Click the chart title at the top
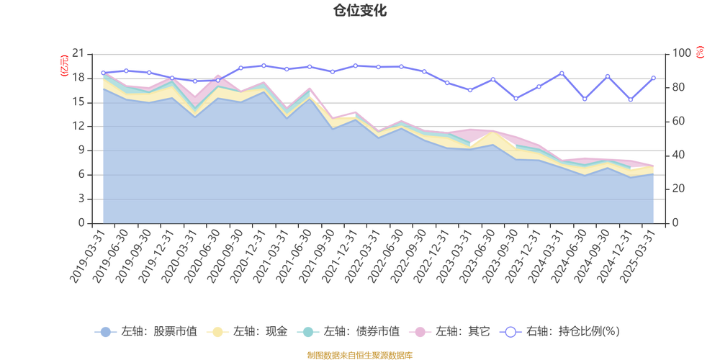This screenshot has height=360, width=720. coord(359,9)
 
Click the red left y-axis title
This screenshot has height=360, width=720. coord(63,65)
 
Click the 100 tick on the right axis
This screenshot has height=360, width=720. coord(681,53)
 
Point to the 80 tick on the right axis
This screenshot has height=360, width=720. coord(680,87)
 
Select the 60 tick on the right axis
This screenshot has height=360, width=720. coord(680,121)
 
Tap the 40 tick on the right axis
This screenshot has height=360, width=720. coord(680,155)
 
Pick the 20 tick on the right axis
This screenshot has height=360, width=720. coord(680,189)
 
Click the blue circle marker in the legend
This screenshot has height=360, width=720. coord(105,332)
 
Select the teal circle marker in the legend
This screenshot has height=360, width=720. coord(308,332)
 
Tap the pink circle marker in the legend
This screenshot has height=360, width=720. coord(420,332)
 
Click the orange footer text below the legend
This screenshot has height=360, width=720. coord(359,354)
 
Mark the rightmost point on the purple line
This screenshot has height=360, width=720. coord(654,77)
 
